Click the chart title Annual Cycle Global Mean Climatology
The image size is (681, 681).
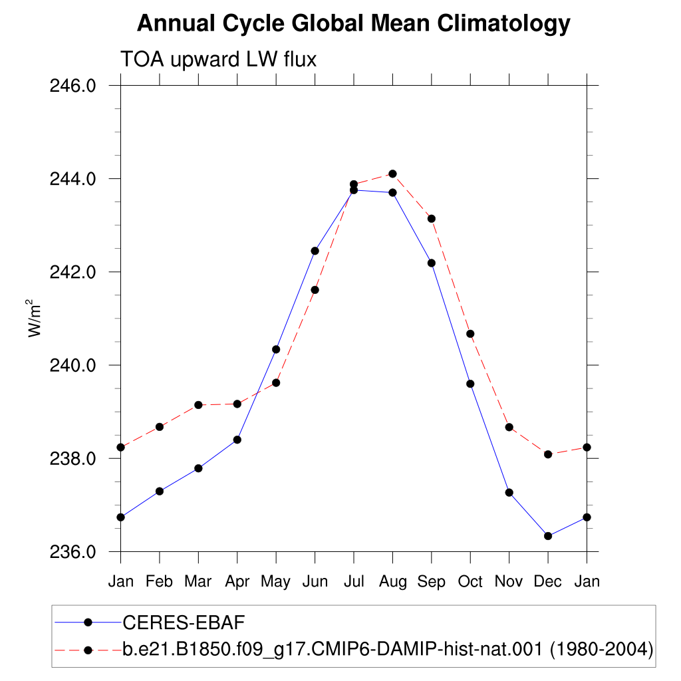click(354, 23)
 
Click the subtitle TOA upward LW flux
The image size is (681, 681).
click(218, 59)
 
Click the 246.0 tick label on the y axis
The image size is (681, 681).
click(72, 86)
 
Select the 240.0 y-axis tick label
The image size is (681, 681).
click(72, 365)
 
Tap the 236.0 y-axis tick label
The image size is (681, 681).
click(72, 552)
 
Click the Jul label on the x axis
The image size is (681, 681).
click(354, 581)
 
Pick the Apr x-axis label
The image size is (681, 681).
click(237, 582)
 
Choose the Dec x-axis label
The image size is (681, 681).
click(548, 581)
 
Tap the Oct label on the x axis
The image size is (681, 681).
click(470, 581)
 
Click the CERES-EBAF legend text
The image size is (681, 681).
click(184, 622)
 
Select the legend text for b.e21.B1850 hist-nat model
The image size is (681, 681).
click(388, 649)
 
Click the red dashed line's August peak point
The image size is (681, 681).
click(392, 174)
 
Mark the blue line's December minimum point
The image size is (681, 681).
click(548, 536)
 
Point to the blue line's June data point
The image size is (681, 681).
click(315, 251)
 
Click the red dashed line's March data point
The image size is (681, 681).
click(198, 405)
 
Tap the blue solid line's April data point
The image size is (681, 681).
click(237, 440)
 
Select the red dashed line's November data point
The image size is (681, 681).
click(509, 428)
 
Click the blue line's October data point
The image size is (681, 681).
click(470, 384)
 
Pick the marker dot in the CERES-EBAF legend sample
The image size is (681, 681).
click(88, 622)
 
